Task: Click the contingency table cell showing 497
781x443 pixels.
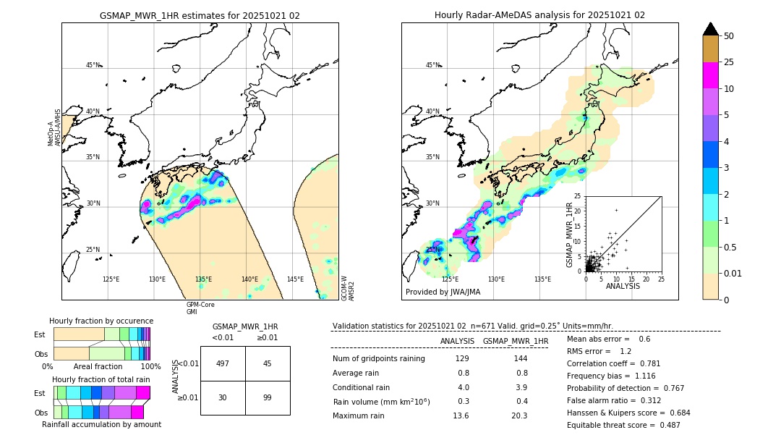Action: [223, 363]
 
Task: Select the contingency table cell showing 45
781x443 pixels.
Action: [268, 363]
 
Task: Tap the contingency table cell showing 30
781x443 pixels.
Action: [223, 398]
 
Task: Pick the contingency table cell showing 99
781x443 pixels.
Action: [268, 398]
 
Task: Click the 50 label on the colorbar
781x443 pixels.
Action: [730, 36]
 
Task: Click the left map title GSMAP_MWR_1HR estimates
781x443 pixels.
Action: [200, 15]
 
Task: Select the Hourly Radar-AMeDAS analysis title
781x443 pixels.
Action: [539, 15]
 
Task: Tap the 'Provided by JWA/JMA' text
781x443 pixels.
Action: [443, 292]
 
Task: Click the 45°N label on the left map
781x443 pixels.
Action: [93, 65]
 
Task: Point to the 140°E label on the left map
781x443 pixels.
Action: [249, 279]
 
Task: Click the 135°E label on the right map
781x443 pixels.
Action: [542, 279]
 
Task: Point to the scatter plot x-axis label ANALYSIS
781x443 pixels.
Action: [623, 287]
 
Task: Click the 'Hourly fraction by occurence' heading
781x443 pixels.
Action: [101, 321]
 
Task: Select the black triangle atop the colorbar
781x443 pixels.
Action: [711, 29]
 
